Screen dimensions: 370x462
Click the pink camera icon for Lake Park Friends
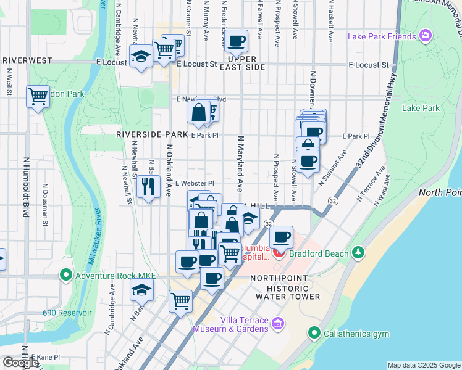[425, 36]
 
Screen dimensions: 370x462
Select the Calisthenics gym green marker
[315, 334]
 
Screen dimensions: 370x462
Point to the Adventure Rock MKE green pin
[67, 274]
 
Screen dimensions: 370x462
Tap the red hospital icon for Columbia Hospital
[279, 253]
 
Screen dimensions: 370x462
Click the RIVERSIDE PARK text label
[151, 134]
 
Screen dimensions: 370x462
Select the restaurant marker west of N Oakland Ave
[148, 187]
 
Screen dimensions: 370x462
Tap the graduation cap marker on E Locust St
[141, 57]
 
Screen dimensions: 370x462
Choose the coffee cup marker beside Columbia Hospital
[282, 237]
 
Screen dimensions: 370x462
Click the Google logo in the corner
[20, 363]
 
